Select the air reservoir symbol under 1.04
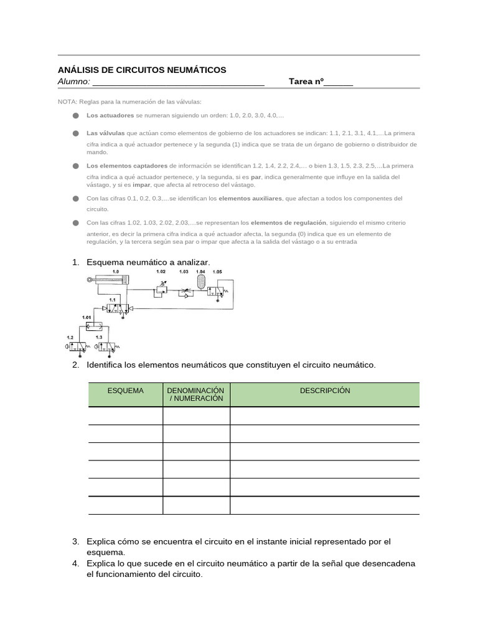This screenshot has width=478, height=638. tap(200, 282)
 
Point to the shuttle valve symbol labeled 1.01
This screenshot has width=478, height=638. tap(97, 325)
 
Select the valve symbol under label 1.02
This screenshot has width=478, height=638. tap(161, 290)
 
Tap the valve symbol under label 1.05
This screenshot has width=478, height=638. tap(218, 290)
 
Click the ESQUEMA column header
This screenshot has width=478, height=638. tap(126, 391)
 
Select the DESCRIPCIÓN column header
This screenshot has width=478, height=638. tap(325, 391)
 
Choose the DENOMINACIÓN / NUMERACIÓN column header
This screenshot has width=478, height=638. tap(196, 394)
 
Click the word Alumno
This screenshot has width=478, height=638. tap(73, 82)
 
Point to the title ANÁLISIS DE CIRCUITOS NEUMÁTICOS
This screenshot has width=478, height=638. tap(142, 70)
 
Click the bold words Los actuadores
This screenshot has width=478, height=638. tap(110, 116)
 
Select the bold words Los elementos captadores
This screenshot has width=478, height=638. tap(127, 166)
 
